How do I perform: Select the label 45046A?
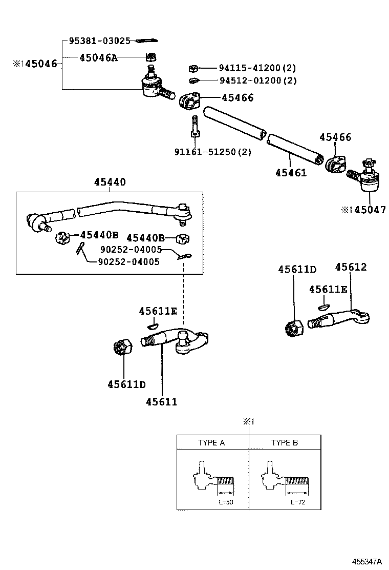[98, 58]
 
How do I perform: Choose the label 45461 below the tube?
[291, 173]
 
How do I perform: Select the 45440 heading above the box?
[110, 182]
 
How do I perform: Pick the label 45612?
[351, 267]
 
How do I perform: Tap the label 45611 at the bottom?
[161, 401]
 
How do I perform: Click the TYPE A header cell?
[211, 442]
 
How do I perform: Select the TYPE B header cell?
[285, 442]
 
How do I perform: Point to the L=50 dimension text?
[226, 502]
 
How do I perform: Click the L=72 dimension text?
[298, 502]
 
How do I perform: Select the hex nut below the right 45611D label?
[294, 326]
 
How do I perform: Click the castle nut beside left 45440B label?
[62, 238]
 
